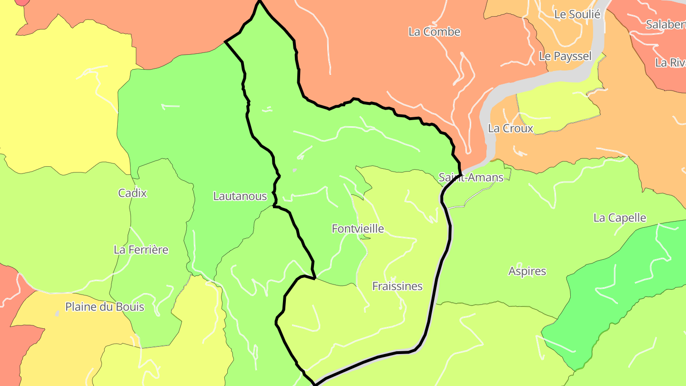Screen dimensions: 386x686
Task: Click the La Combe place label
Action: point(434,32)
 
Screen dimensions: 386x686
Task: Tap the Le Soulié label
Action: point(577,14)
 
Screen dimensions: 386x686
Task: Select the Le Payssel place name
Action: point(565,56)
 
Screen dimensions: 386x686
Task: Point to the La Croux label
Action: point(510,128)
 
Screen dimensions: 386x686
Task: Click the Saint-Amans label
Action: point(471,178)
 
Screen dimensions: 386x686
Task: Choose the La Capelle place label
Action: point(619,218)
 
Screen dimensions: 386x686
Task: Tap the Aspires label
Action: point(527,271)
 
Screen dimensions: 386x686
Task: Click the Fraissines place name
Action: point(397,286)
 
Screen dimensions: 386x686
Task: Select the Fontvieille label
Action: point(358,229)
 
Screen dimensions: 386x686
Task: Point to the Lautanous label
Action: point(240,196)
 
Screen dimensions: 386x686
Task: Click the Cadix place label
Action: point(132,193)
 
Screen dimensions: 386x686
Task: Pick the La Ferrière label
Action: point(141,250)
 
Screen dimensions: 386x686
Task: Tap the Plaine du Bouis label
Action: point(105,306)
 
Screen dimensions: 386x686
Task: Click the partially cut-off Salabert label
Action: point(666,25)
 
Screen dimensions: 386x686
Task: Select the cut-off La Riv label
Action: point(670,62)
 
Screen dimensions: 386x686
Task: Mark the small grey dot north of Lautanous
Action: point(294,170)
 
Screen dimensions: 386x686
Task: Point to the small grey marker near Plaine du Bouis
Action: point(57,313)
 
